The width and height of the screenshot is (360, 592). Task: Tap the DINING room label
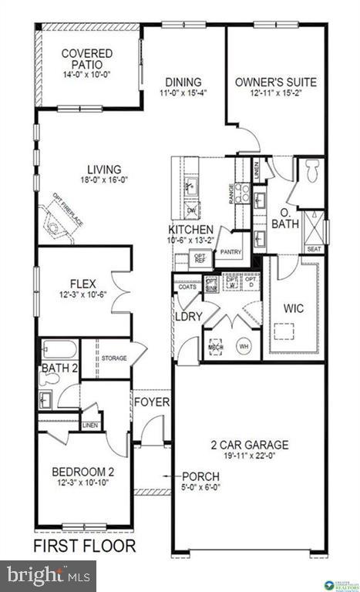click(x=183, y=82)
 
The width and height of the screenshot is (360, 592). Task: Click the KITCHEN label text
click(x=191, y=230)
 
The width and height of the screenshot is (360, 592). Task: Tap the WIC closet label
click(x=294, y=308)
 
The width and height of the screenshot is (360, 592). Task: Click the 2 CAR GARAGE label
click(x=251, y=445)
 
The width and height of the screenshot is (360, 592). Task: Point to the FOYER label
click(x=152, y=402)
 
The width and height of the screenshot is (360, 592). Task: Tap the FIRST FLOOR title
click(x=84, y=547)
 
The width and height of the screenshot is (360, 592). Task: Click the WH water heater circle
click(x=244, y=345)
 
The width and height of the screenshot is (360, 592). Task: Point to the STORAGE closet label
click(x=114, y=358)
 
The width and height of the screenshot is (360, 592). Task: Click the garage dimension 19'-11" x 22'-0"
click(x=251, y=456)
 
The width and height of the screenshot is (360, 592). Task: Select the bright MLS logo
click(x=48, y=575)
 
